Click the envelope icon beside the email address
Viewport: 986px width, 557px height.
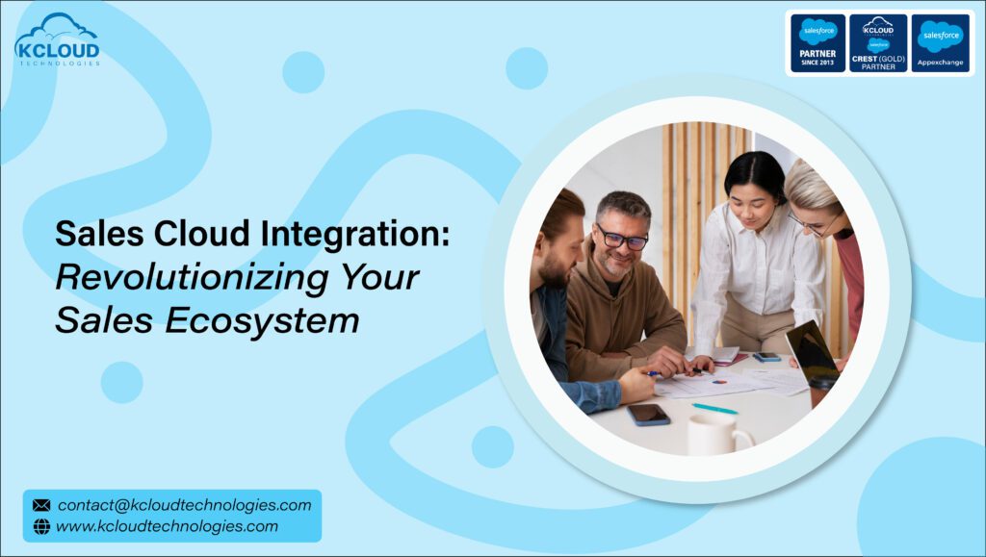coord(41,505)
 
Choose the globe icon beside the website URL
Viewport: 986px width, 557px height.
coord(41,526)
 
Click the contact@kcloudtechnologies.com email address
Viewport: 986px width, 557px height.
coord(184,505)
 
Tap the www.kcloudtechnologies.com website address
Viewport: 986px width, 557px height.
coord(167,526)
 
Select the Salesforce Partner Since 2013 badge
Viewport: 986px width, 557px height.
coord(817,43)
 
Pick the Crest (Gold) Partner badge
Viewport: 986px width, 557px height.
coord(878,43)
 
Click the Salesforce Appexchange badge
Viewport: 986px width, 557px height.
coord(940,43)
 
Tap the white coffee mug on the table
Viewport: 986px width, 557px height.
coord(711,434)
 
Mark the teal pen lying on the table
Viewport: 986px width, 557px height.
coord(714,409)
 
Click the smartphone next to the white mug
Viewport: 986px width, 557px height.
coord(648,414)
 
